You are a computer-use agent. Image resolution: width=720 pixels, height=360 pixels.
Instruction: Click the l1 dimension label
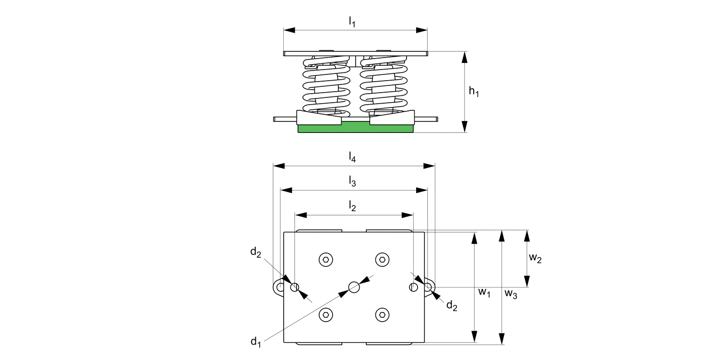coord(352,22)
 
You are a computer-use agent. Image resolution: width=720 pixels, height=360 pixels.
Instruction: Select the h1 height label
coord(474,92)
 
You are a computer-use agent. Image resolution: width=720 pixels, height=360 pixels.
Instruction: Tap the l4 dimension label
coord(352,157)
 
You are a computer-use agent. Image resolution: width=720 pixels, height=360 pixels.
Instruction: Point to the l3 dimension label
coord(352,181)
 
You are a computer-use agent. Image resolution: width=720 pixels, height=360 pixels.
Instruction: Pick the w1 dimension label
coord(484,292)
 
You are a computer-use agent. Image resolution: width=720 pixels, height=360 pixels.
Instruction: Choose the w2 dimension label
coord(535,258)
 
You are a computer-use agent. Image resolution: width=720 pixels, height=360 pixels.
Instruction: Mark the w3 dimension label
coord(511,294)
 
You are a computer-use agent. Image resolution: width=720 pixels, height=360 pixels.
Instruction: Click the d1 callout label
coord(255,342)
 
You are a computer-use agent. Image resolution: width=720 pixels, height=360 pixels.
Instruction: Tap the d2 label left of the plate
coord(255,252)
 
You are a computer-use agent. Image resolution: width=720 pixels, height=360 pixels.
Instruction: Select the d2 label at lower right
coord(452,305)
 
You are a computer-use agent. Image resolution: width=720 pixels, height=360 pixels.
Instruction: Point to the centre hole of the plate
coord(354,287)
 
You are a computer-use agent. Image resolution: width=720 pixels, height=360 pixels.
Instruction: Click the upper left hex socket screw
coord(326,260)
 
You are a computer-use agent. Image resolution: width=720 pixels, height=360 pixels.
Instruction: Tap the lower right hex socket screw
coord(382,315)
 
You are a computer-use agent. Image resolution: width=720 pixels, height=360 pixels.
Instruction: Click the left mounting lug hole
coord(279,287)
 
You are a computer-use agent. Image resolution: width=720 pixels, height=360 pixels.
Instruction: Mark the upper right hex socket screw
coord(382,260)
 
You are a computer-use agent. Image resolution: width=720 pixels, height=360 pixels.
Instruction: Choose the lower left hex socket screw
coord(326,315)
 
